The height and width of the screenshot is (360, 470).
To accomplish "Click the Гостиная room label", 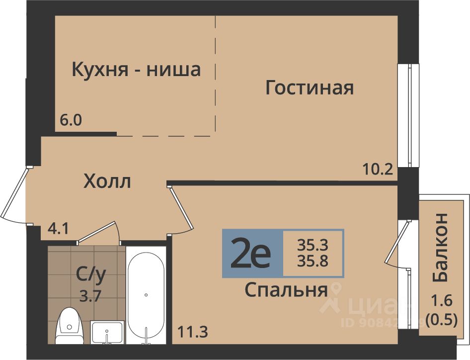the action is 310,88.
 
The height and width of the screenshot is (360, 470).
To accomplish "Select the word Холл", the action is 107,181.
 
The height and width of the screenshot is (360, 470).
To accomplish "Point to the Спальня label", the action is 286,290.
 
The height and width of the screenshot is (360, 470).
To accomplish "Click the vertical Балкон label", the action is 440,248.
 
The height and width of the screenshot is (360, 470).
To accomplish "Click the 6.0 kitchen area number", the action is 71,121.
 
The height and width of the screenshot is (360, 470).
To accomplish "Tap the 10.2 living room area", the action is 378,170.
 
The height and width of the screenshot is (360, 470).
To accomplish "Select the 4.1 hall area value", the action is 59,229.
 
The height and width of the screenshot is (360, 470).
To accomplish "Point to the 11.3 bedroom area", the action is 193,332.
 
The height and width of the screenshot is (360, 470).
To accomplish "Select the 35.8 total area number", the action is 313,262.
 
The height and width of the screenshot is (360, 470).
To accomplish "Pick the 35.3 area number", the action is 313,246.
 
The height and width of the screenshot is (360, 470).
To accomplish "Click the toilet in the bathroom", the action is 69,326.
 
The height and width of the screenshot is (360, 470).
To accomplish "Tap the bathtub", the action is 146,295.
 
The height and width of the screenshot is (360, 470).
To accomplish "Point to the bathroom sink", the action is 107,332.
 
